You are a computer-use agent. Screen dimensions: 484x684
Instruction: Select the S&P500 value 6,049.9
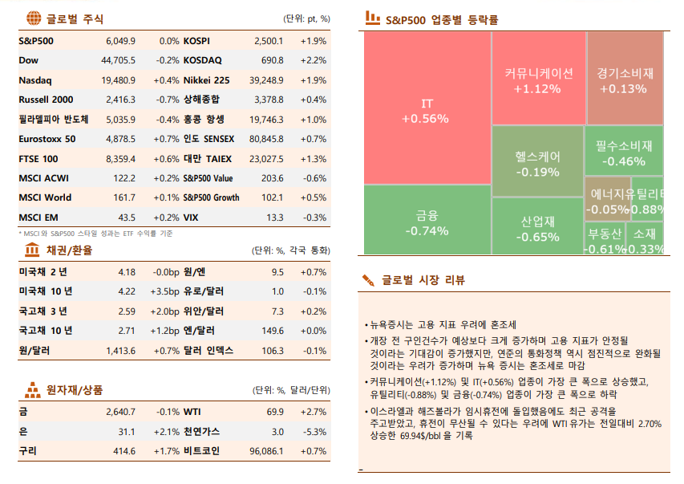tap(120, 40)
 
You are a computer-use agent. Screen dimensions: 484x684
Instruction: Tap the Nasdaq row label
tap(35, 80)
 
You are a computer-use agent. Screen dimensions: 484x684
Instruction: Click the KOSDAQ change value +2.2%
tap(314, 60)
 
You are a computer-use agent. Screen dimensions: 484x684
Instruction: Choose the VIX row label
tap(192, 218)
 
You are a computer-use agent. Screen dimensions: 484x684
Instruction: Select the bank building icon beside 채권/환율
tap(34, 250)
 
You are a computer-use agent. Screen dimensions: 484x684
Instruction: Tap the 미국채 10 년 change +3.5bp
tap(164, 291)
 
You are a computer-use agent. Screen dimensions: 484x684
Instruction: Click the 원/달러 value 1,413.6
tap(120, 351)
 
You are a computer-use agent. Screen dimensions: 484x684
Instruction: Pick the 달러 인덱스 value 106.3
tap(273, 351)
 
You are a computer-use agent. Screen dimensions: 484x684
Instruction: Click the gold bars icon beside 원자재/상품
tap(34, 390)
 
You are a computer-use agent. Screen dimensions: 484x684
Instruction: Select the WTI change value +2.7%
tap(314, 412)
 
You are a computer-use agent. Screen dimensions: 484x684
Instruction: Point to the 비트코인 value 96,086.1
tap(266, 451)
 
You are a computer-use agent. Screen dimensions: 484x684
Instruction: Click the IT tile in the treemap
tap(427, 111)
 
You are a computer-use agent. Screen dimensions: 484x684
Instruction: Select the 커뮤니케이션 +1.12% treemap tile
tap(538, 79)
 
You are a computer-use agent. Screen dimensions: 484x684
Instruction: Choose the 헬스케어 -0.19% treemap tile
tap(537, 162)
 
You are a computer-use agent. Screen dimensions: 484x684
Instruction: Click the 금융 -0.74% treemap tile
tap(427, 222)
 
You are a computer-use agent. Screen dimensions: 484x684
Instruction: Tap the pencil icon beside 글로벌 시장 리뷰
tap(368, 280)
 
